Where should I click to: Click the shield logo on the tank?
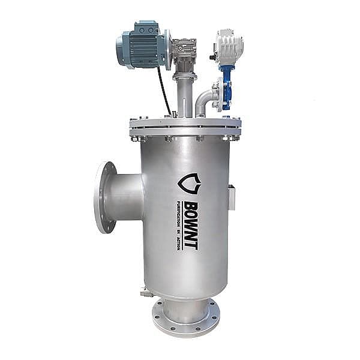[189, 184]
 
